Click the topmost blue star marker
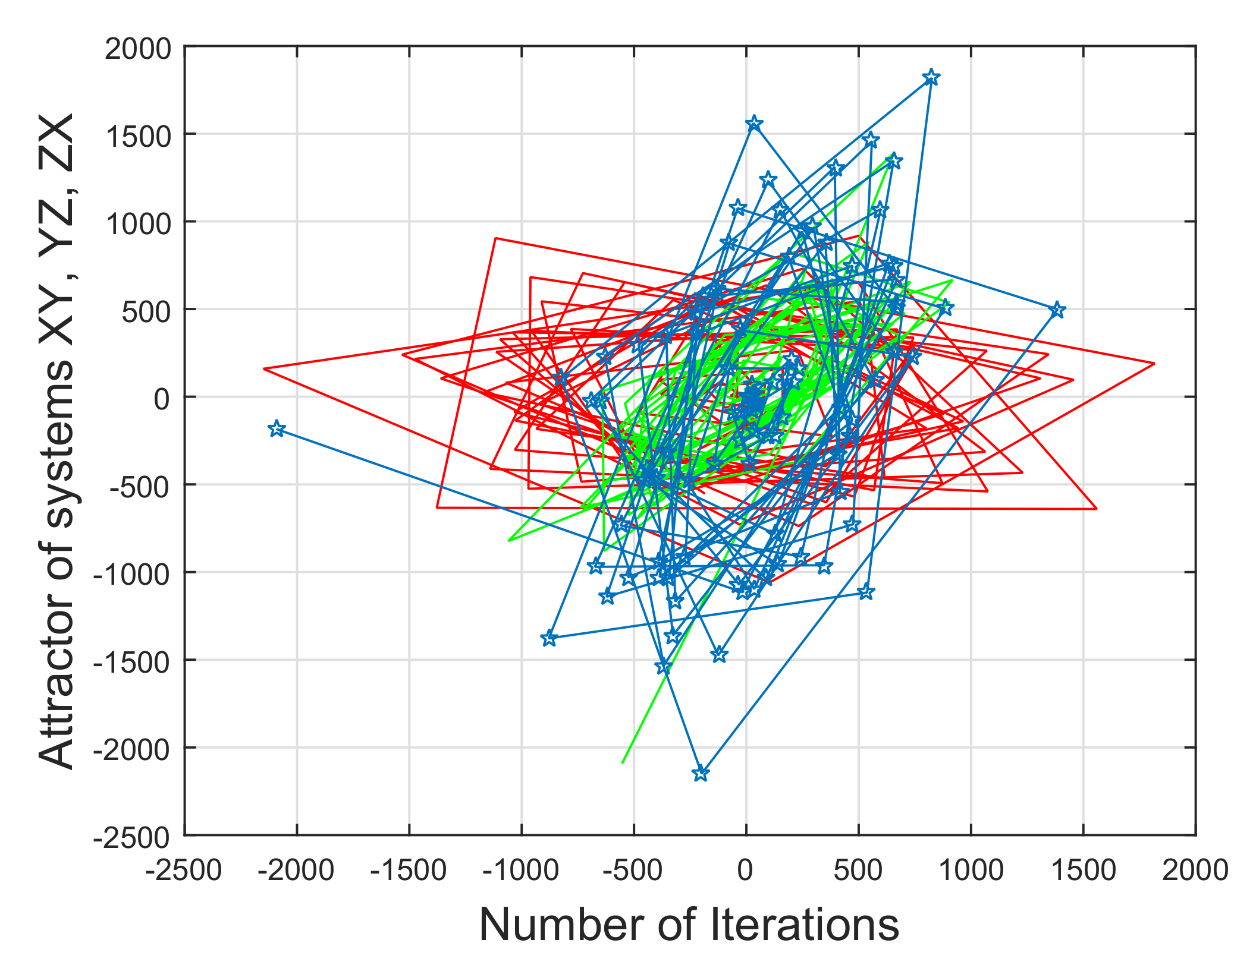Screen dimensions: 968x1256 [x=931, y=78]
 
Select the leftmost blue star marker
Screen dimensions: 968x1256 [x=277, y=428]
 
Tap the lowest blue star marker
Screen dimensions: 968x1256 [x=701, y=774]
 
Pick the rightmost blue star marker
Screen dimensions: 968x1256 [x=1057, y=310]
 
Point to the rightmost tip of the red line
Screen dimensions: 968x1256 [x=1154, y=363]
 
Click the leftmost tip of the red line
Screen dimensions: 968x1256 [x=264, y=369]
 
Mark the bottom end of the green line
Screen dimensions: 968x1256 [x=623, y=763]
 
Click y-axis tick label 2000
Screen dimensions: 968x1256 [x=138, y=49]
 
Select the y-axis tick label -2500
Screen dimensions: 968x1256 [x=132, y=838]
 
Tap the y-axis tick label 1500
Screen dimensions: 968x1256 [x=138, y=137]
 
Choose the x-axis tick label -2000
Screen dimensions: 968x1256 [x=296, y=871]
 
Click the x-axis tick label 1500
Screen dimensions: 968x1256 [x=1084, y=871]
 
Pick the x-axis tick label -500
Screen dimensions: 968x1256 [x=632, y=871]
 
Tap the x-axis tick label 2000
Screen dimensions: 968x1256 [x=1195, y=871]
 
